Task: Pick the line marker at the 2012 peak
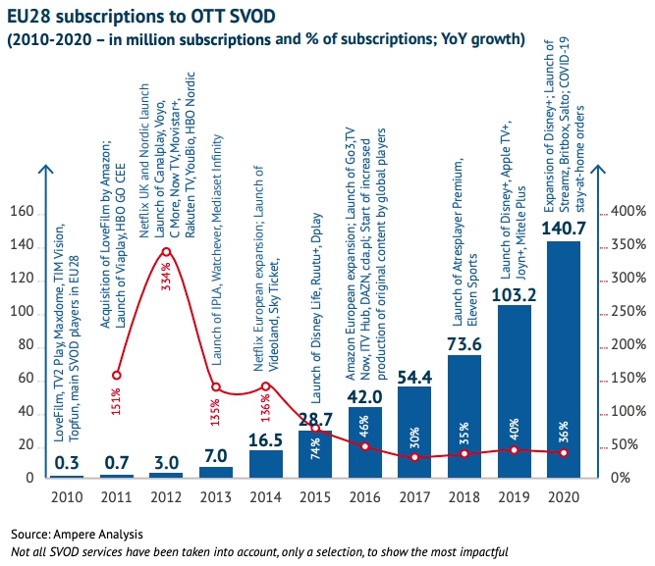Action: coord(166,251)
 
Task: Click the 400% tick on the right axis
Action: coord(626,212)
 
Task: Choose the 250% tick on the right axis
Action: coord(626,312)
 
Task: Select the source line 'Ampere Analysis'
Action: coord(78,535)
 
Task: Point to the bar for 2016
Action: coord(364,442)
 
